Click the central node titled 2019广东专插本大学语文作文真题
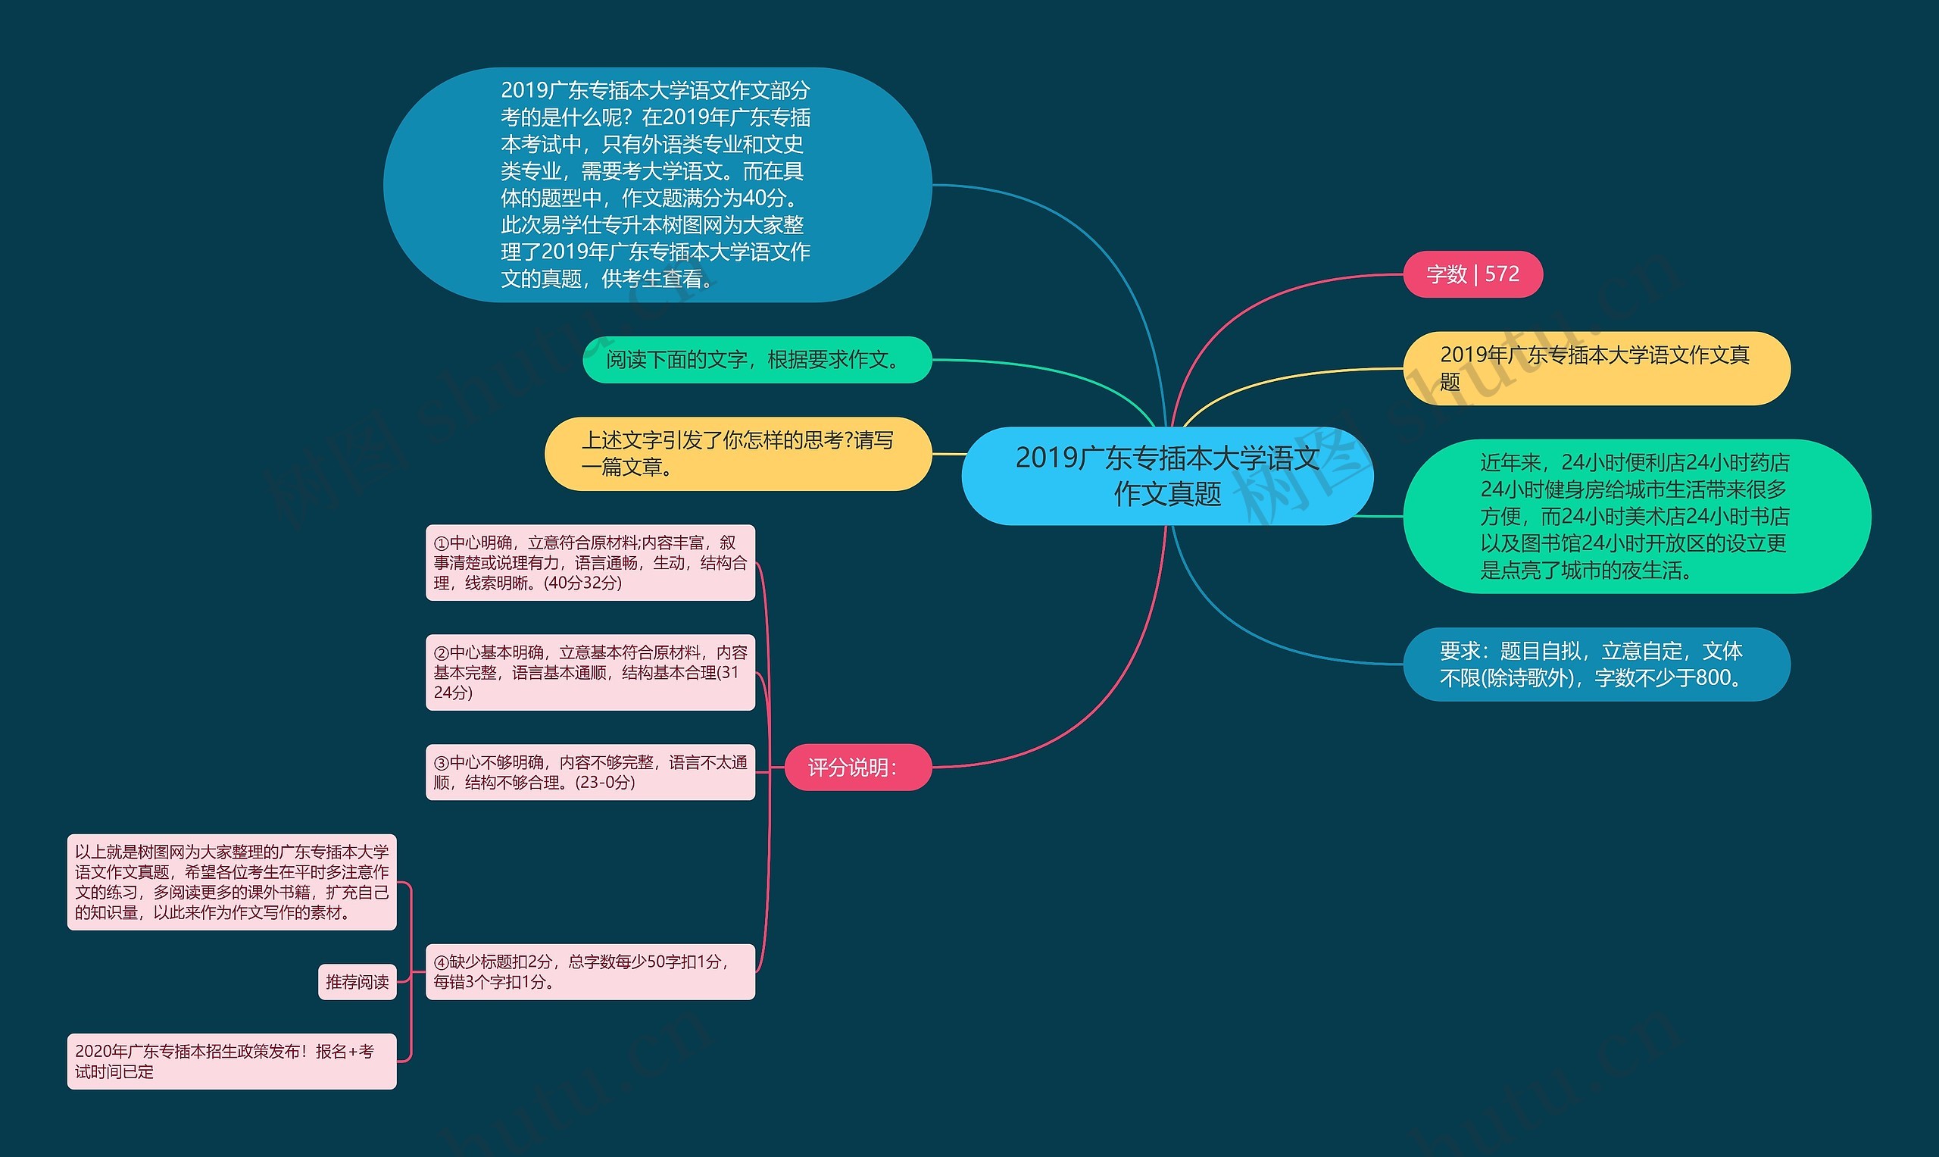click(x=1166, y=476)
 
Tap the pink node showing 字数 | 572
click(x=1472, y=274)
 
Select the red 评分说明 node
click(x=857, y=768)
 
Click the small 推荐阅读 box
click(x=357, y=981)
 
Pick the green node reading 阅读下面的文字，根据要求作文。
click(x=757, y=359)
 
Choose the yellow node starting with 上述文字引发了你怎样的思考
click(x=737, y=454)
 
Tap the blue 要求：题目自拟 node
click(x=1596, y=664)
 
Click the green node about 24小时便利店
click(x=1636, y=516)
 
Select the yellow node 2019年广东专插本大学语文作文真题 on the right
click(x=1596, y=368)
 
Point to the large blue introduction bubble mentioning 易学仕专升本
click(x=657, y=185)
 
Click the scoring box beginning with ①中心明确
click(x=590, y=563)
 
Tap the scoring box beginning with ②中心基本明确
click(x=590, y=672)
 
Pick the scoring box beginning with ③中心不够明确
click(x=590, y=772)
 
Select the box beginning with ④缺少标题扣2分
click(x=590, y=971)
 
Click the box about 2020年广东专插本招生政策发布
click(x=232, y=1061)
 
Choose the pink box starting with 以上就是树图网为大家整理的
click(x=232, y=882)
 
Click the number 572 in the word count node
click(x=1502, y=274)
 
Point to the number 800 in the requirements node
click(x=1713, y=678)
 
